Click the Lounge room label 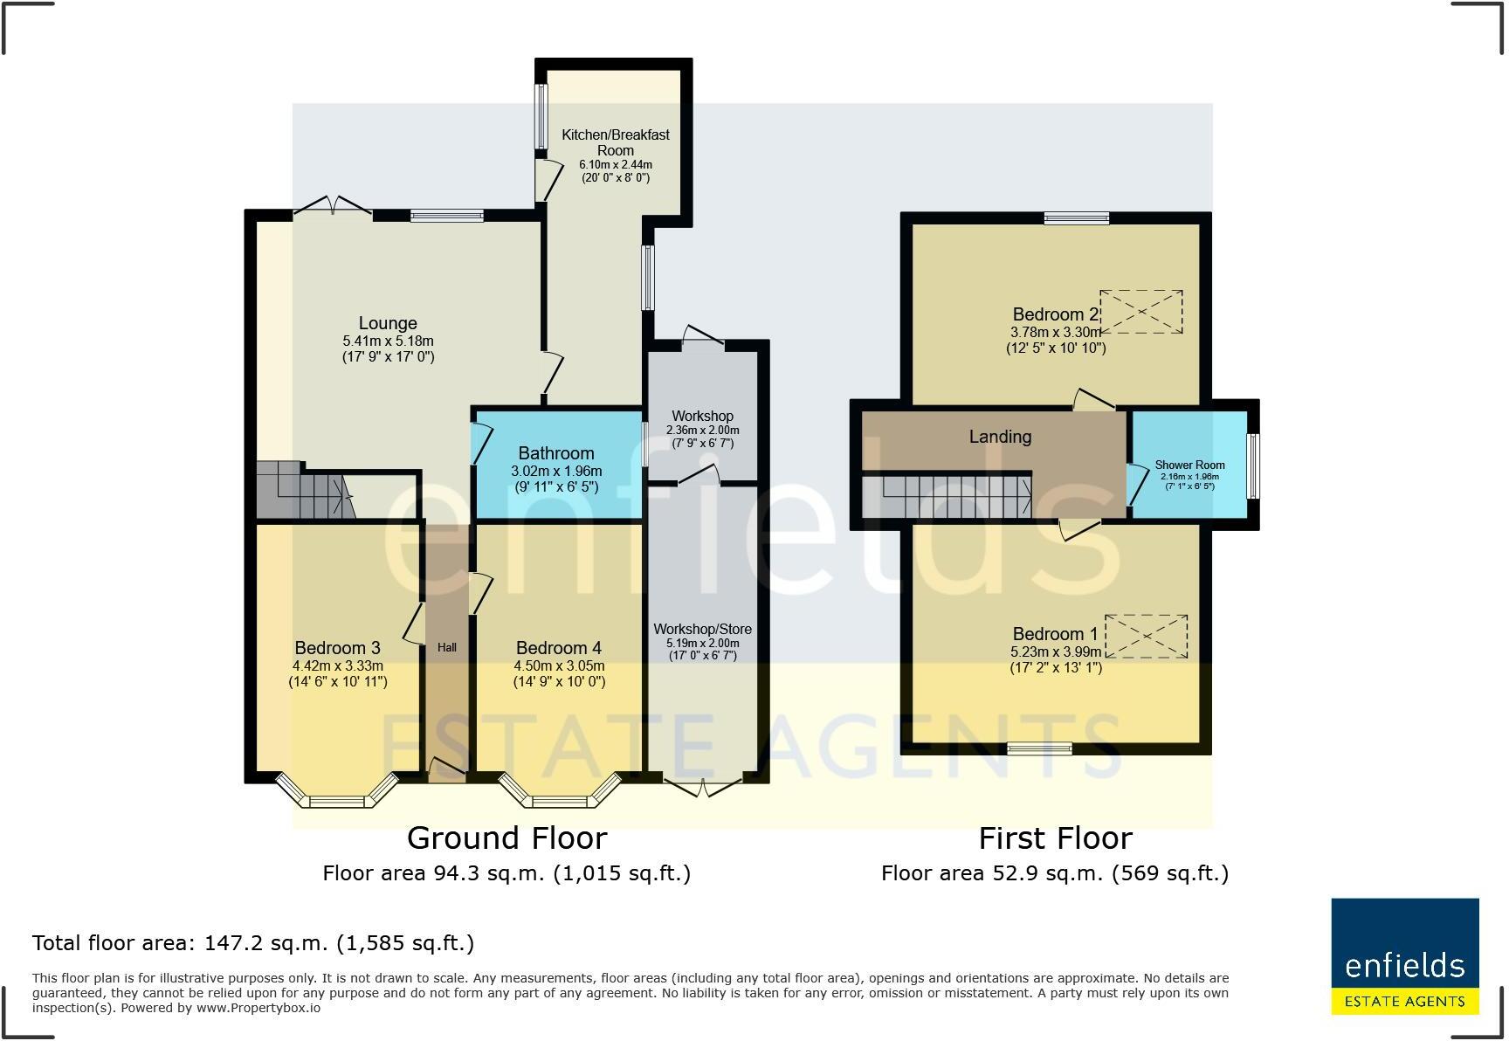click(x=388, y=323)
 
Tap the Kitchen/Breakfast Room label click(x=616, y=142)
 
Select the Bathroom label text click(x=556, y=453)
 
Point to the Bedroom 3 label click(x=337, y=648)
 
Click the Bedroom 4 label click(x=559, y=648)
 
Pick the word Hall click(x=447, y=647)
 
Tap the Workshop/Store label click(x=703, y=630)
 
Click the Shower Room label click(x=1190, y=465)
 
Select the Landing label click(x=1001, y=437)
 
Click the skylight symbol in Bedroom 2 click(x=1141, y=312)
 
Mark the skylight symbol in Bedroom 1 click(x=1146, y=636)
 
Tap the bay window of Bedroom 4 click(x=560, y=793)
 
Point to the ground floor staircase click(x=305, y=491)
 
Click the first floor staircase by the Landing click(x=947, y=496)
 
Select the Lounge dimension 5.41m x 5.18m click(x=389, y=341)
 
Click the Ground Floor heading click(x=507, y=838)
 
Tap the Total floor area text click(x=253, y=943)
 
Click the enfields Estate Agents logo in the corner click(x=1405, y=956)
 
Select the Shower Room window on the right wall click(x=1253, y=466)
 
